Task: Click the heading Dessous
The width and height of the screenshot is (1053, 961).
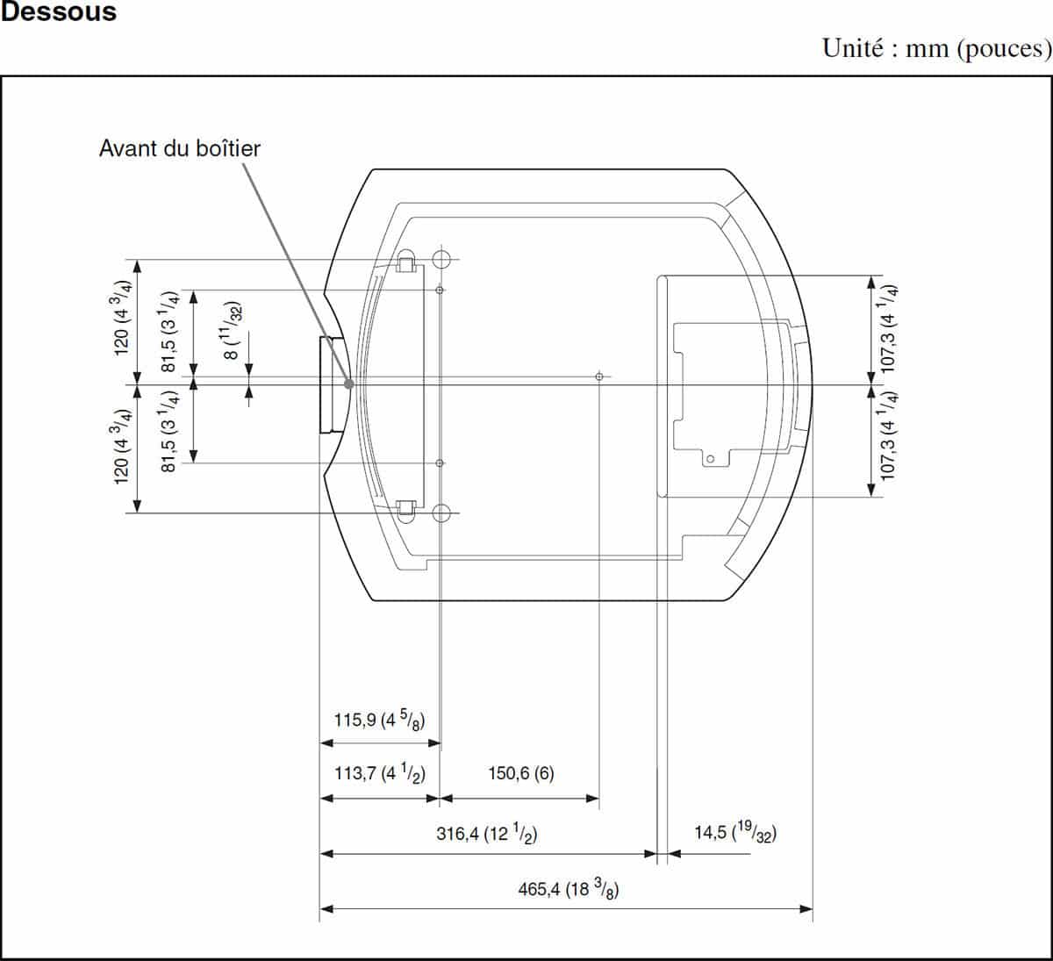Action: tap(58, 11)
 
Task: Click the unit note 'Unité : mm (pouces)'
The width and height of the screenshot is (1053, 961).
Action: tap(937, 49)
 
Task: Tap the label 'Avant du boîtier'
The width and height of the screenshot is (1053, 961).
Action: tap(180, 148)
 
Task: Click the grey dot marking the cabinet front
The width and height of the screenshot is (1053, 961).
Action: tap(349, 384)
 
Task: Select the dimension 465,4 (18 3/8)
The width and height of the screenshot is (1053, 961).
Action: tap(569, 890)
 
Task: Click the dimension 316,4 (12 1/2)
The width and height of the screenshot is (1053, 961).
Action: tap(487, 834)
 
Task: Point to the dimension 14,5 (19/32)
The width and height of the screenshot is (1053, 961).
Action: tap(735, 832)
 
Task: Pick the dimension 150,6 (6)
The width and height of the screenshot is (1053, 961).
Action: tap(521, 773)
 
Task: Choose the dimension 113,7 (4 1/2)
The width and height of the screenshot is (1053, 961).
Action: tap(380, 773)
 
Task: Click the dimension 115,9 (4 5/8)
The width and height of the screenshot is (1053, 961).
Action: tap(380, 719)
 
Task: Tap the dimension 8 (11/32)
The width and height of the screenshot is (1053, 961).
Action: tap(232, 330)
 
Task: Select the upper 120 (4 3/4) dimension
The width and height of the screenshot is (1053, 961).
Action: tap(120, 318)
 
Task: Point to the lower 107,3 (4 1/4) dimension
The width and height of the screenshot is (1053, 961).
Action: tap(888, 436)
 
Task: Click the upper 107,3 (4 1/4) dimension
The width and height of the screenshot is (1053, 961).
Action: tap(888, 329)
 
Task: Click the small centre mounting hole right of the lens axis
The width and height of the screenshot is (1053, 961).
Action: tap(599, 377)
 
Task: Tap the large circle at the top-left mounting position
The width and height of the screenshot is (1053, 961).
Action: tap(441, 259)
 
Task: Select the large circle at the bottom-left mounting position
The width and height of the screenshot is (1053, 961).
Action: tap(441, 513)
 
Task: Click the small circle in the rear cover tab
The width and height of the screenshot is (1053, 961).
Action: tap(710, 459)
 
